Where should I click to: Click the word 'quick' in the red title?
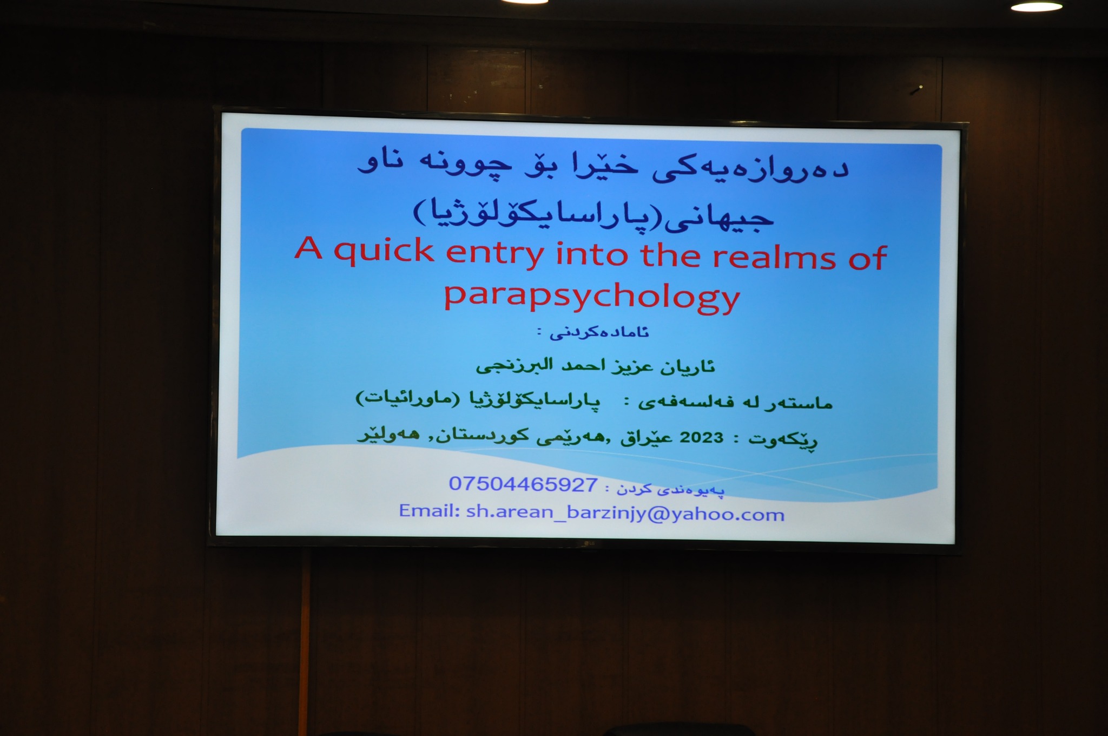(384, 252)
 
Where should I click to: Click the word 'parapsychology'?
(591, 298)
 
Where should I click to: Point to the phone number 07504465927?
(523, 484)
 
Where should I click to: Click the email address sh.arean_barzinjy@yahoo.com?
(625, 513)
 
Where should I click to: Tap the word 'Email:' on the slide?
(430, 510)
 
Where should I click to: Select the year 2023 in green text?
(701, 437)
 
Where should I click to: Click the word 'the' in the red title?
(670, 256)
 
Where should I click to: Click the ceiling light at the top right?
(1036, 6)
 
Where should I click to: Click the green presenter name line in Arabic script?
(595, 366)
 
